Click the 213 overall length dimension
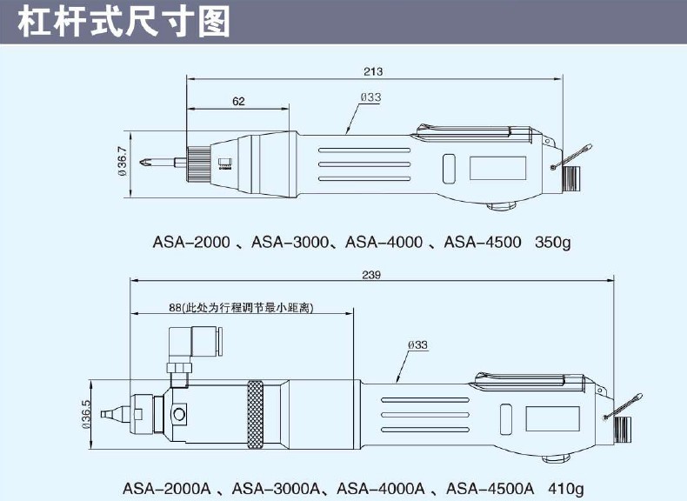click(x=373, y=71)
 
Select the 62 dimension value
click(x=238, y=101)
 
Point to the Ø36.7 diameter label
click(x=123, y=161)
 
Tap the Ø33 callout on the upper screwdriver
click(x=370, y=97)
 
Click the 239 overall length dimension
click(x=371, y=275)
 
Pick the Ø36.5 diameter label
click(x=86, y=414)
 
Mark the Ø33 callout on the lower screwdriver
click(x=417, y=344)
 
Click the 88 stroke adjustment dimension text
click(x=242, y=308)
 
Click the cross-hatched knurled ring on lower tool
click(x=256, y=414)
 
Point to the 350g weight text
click(x=552, y=242)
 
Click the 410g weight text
click(x=565, y=488)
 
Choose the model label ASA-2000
click(x=191, y=242)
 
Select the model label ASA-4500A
click(x=490, y=488)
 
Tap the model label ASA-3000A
click(x=276, y=488)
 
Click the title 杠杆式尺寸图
click(x=124, y=22)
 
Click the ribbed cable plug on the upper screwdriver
click(x=570, y=179)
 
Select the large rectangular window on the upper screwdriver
click(x=497, y=168)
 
